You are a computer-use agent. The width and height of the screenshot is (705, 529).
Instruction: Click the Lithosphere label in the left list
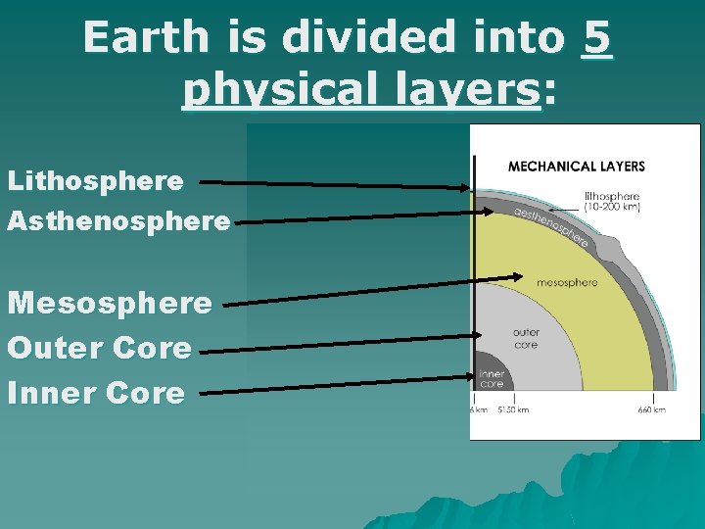pos(95,181)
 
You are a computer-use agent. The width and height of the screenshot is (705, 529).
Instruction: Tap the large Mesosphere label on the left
pos(110,303)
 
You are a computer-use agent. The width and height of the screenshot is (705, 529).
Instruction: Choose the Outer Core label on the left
pos(100,348)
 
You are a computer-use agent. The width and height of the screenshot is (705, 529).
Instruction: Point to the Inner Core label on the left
pos(96,393)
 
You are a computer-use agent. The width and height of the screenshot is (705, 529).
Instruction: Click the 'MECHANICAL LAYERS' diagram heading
pos(577,167)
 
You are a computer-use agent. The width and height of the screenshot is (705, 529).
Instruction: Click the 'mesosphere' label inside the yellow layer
pos(567,283)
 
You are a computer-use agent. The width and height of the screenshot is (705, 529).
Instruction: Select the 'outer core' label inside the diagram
pos(526,339)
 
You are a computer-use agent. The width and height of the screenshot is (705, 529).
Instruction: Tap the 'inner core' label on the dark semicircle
pos(492,378)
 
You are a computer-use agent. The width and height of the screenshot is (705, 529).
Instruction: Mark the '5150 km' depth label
pos(513,409)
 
